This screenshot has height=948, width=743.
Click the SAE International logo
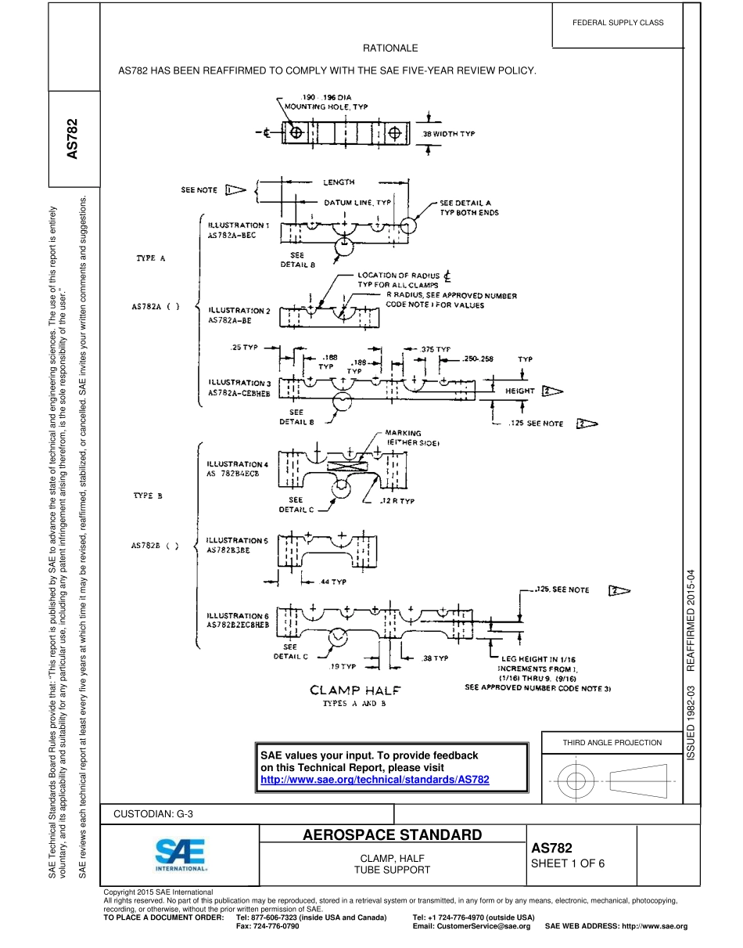coord(180,855)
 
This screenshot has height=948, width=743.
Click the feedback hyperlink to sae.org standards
coord(375,780)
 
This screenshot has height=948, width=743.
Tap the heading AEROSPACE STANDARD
coord(392,834)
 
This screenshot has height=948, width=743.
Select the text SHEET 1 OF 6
coord(568,864)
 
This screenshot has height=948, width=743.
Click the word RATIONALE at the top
coord(390,49)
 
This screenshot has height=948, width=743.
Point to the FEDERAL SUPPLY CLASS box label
coord(618,23)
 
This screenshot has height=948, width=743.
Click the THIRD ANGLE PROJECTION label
coord(612,742)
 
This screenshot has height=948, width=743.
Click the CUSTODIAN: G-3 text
coord(153,813)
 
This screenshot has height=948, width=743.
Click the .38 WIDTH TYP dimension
coord(448,134)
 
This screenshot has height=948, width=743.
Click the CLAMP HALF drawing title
coord(355,690)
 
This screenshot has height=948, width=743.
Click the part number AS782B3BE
coord(228,550)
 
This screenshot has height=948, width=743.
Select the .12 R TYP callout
coord(397,501)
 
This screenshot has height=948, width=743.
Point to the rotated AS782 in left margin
coord(73,139)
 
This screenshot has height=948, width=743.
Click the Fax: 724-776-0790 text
coord(267,926)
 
